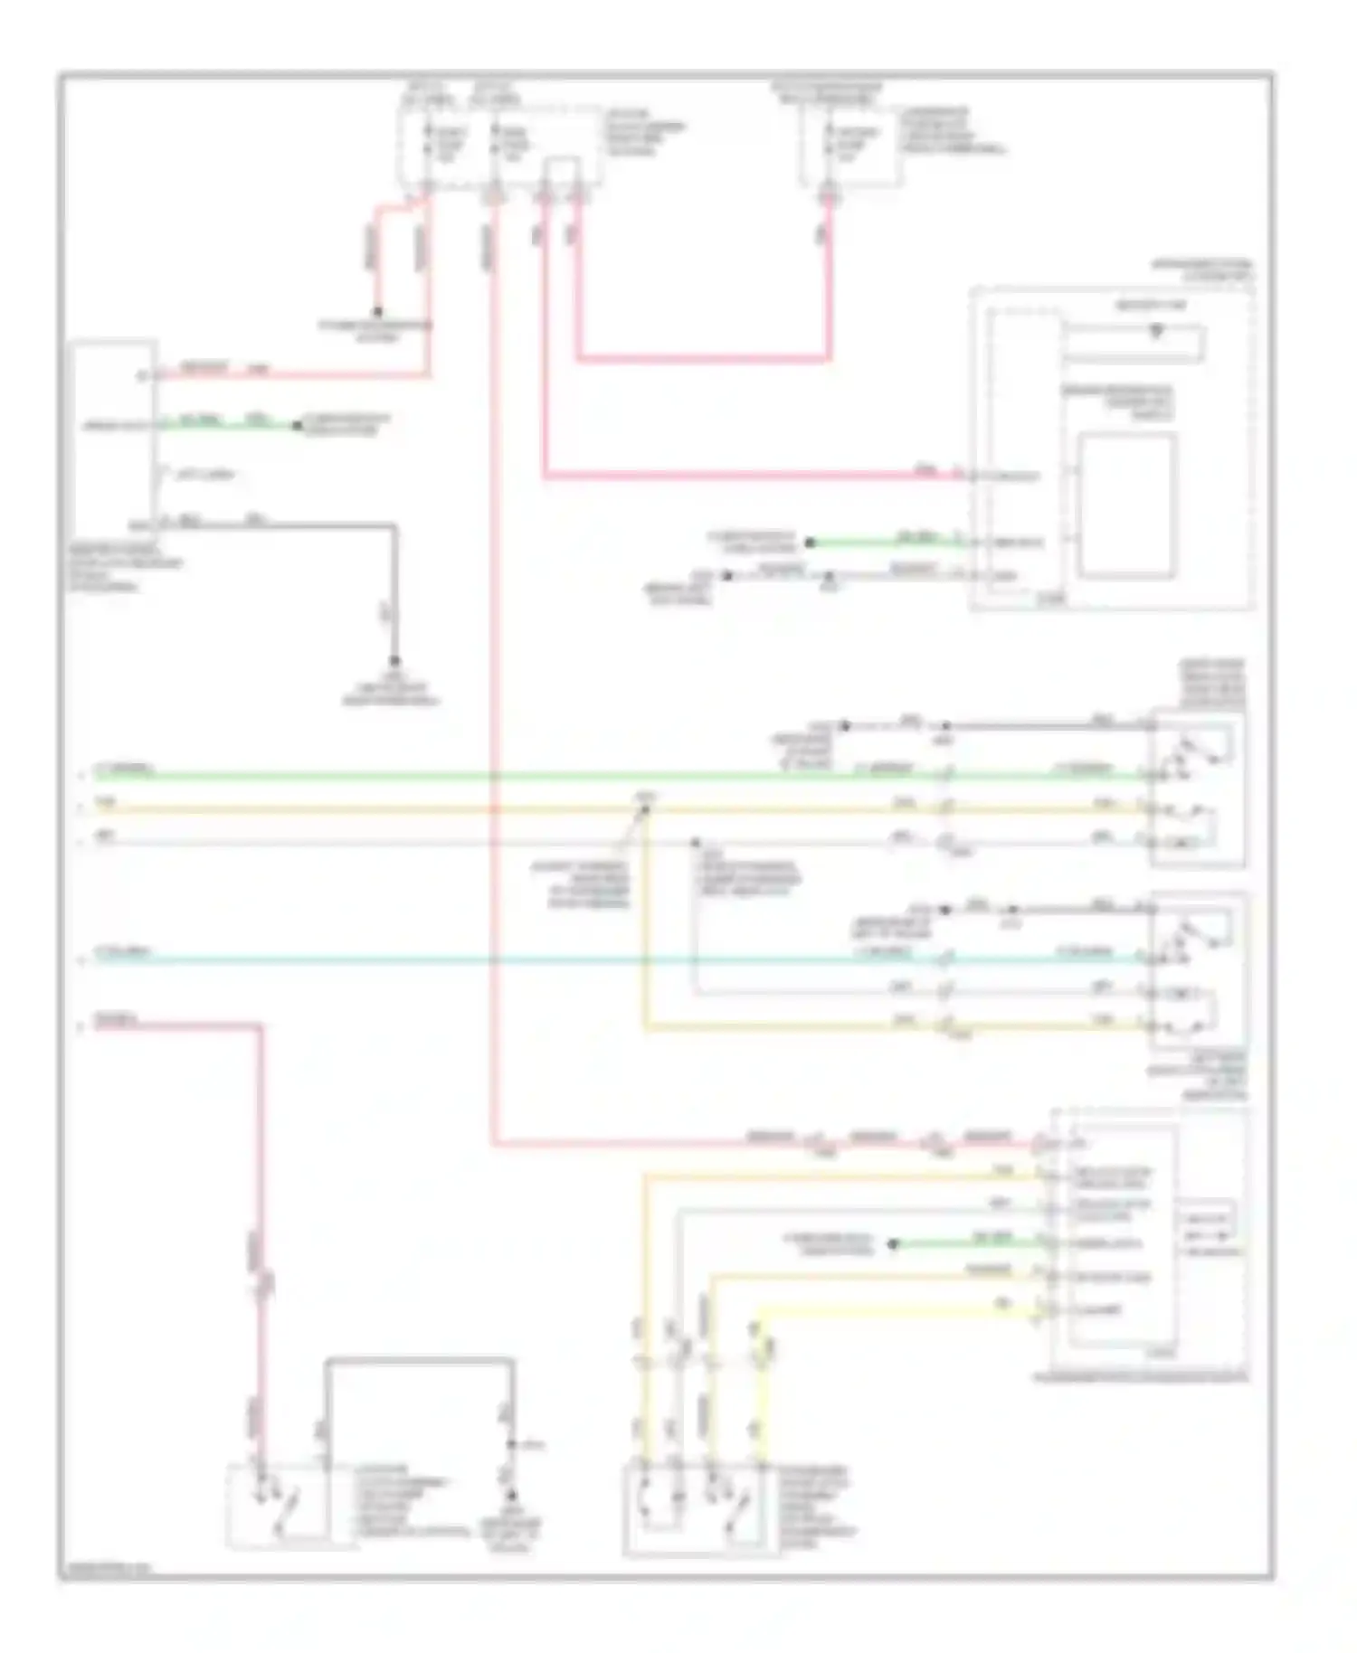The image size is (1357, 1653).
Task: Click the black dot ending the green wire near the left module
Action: [296, 425]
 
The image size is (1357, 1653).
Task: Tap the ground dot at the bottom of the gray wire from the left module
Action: [394, 659]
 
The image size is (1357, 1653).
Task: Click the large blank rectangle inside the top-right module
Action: [1127, 505]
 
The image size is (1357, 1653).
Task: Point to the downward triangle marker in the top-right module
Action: [1155, 332]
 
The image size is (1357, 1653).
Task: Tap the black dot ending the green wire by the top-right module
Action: [811, 543]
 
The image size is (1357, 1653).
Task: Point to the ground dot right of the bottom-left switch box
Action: [511, 1497]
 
